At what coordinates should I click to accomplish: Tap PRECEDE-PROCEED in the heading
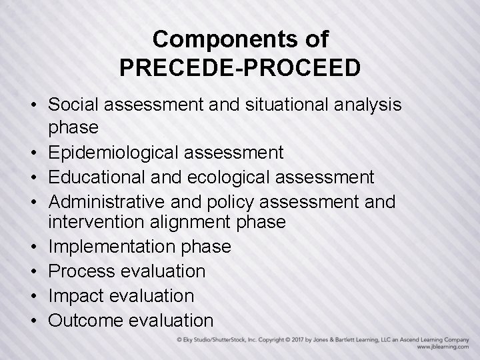240,67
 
